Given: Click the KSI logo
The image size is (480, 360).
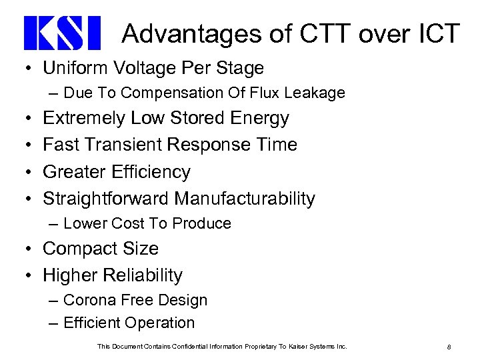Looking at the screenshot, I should click(x=61, y=34).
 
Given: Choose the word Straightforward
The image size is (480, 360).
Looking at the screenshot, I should click(x=106, y=199).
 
